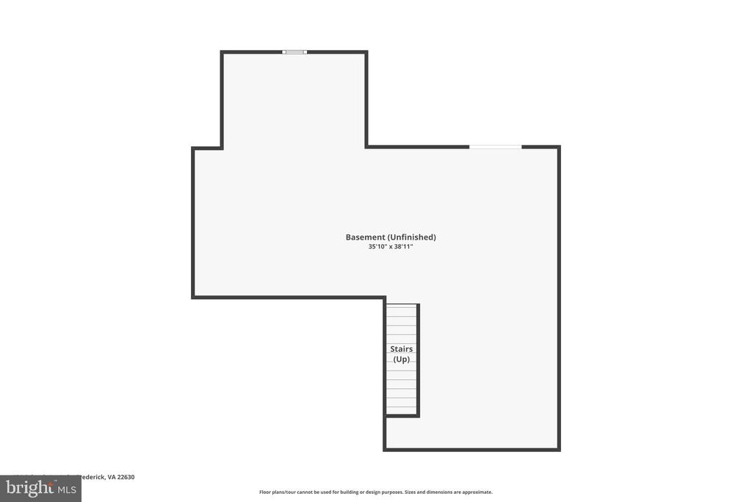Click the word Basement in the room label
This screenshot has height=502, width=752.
(365, 237)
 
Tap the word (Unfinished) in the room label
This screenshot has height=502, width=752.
(412, 237)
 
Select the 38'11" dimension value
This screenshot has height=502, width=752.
(404, 247)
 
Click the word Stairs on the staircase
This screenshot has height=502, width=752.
(401, 349)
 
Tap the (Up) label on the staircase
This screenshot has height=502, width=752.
(401, 359)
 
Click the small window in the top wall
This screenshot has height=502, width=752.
(294, 51)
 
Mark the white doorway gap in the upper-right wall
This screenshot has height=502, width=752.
(496, 147)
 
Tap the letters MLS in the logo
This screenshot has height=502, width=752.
(67, 488)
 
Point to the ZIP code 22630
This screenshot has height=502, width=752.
(126, 477)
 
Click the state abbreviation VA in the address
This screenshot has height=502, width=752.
(112, 477)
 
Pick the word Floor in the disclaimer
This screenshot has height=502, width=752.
(266, 492)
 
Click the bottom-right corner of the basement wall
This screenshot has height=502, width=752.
(559, 449)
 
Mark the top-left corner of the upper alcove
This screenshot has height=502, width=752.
(222, 52)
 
